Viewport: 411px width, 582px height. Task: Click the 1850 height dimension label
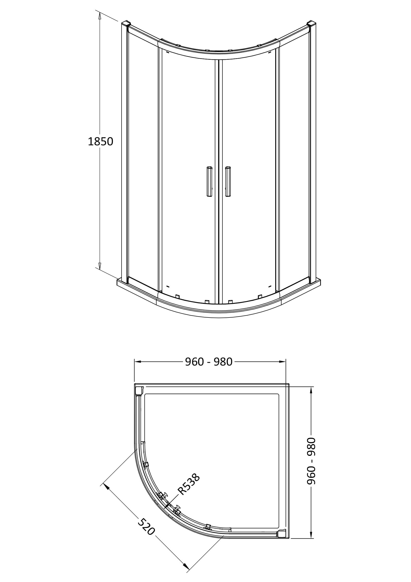point(100,141)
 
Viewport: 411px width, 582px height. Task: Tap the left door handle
point(209,181)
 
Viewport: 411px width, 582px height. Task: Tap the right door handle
point(228,181)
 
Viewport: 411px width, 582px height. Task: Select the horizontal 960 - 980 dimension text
point(209,362)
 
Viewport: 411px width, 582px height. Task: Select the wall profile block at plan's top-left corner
point(139,391)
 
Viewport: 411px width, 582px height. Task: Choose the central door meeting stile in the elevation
point(219,177)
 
